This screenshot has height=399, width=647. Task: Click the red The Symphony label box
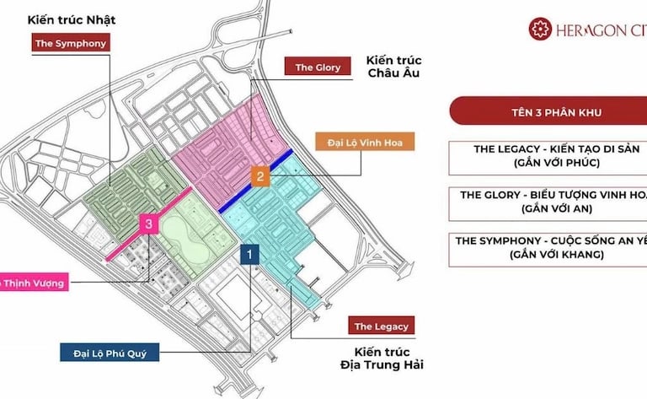click(x=71, y=43)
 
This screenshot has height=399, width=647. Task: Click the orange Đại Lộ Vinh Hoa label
click(x=365, y=143)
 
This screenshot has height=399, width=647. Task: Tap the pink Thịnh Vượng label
click(x=33, y=283)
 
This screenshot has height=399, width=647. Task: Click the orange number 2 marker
click(x=261, y=176)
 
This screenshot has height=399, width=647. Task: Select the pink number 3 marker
click(x=148, y=224)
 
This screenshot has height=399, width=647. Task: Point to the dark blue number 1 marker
click(x=250, y=251)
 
